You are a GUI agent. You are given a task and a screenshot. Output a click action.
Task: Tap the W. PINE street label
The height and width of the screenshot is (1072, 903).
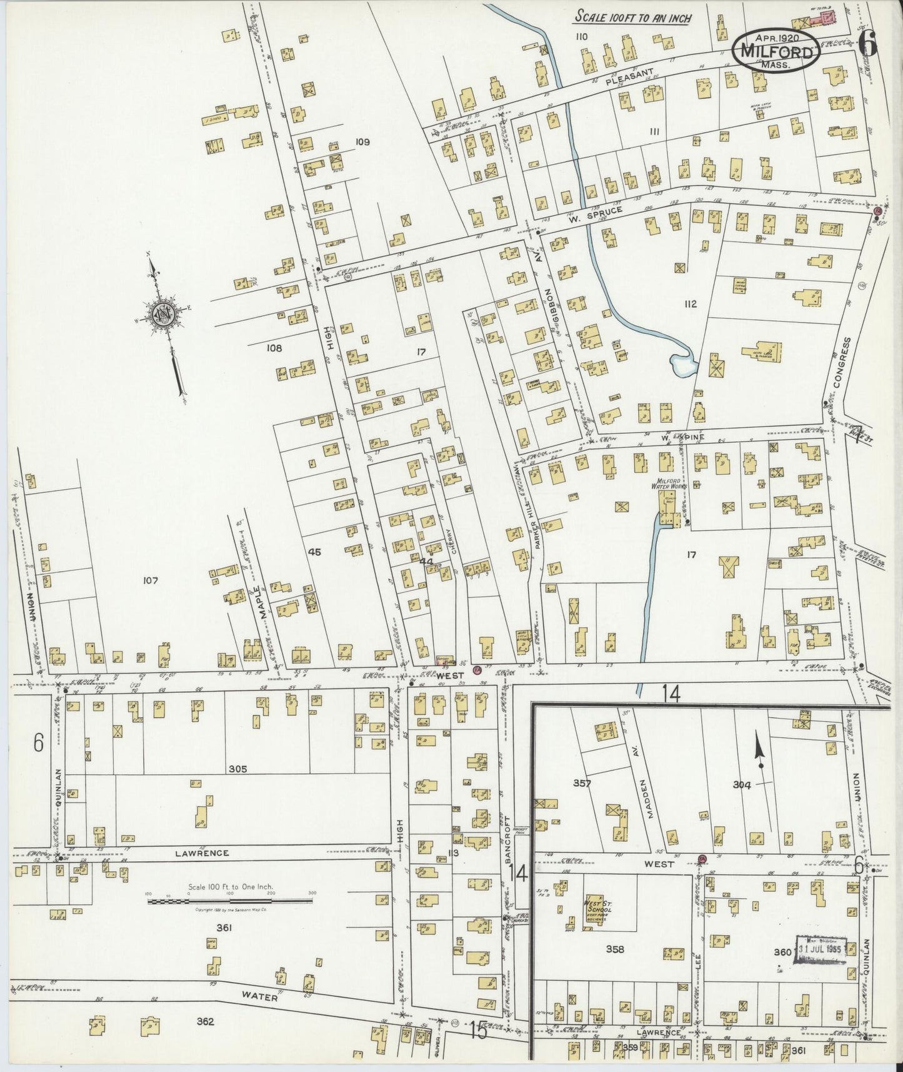coord(686,437)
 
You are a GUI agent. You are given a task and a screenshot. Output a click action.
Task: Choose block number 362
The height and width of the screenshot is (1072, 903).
coord(205,1022)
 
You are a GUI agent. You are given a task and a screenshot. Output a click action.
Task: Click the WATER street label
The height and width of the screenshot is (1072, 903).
coord(261,998)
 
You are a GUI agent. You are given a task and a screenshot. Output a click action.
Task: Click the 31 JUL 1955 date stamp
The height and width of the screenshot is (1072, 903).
coord(820,948)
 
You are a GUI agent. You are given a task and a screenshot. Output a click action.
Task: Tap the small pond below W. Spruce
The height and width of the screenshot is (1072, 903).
coord(682,365)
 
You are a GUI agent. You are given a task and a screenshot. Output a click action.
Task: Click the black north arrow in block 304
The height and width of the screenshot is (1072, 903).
coord(760,751)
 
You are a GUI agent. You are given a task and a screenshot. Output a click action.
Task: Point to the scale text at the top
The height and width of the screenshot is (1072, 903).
coord(633,18)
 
